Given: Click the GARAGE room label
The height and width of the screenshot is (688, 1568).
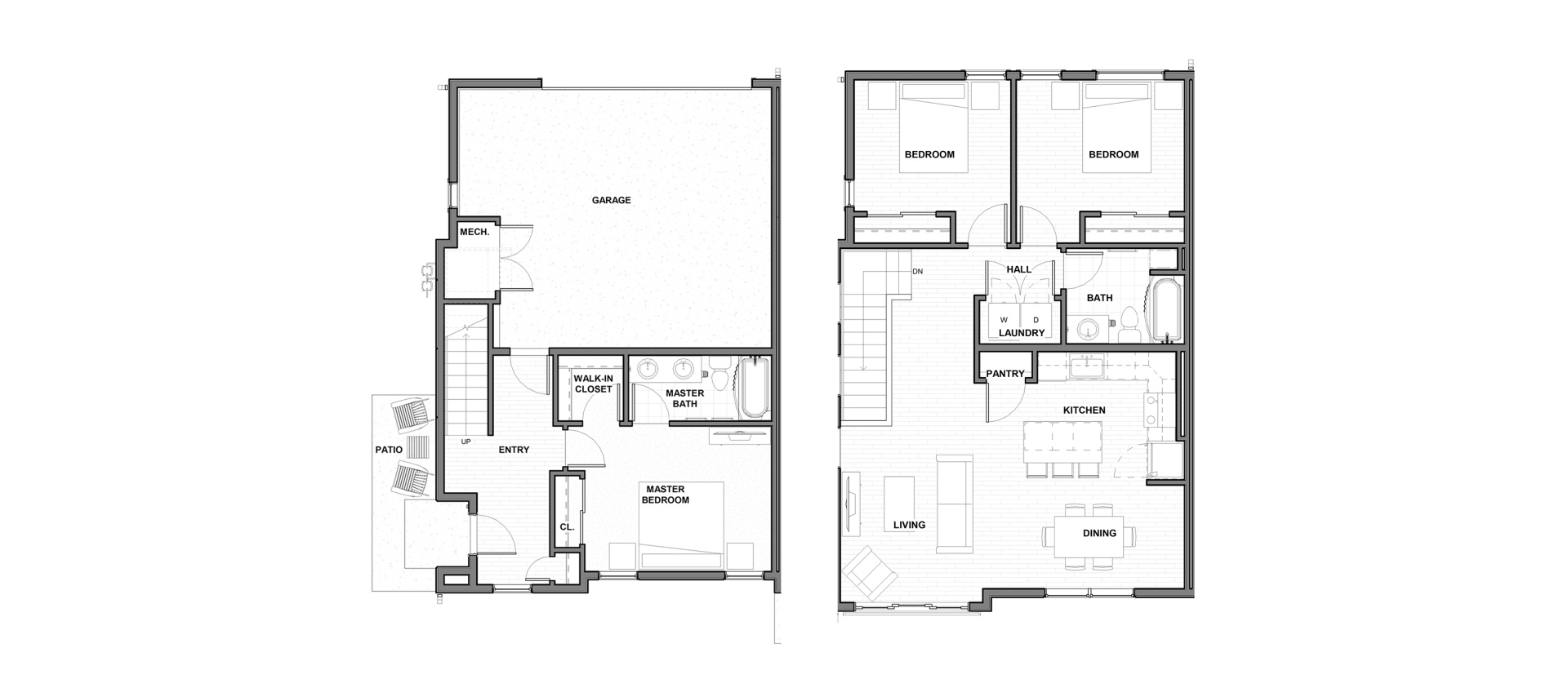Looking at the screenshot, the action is point(611,200).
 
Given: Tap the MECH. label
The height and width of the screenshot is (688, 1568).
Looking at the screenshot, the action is point(474,233).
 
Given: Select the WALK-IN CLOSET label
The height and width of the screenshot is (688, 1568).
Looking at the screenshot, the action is point(593,384).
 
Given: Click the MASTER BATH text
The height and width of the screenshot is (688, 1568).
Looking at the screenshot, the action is point(684,398).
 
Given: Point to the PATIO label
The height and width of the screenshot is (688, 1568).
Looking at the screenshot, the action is point(389,450).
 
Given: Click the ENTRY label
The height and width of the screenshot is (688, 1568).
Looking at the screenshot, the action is point(514,450).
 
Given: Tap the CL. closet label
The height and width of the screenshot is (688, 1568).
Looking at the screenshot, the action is point(567,527).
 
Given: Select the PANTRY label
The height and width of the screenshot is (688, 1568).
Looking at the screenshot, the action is point(1005,374).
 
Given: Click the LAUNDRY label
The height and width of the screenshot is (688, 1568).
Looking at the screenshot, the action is point(1022,333).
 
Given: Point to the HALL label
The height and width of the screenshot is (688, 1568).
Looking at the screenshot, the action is point(1018,269).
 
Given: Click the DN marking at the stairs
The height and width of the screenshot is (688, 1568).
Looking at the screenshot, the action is point(918,272).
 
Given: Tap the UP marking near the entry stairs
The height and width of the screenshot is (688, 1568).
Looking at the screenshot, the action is point(465,442).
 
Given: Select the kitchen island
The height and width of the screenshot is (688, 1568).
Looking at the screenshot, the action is point(1063,442).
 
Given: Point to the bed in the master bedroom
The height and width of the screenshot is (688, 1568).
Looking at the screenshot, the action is point(681,525).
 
